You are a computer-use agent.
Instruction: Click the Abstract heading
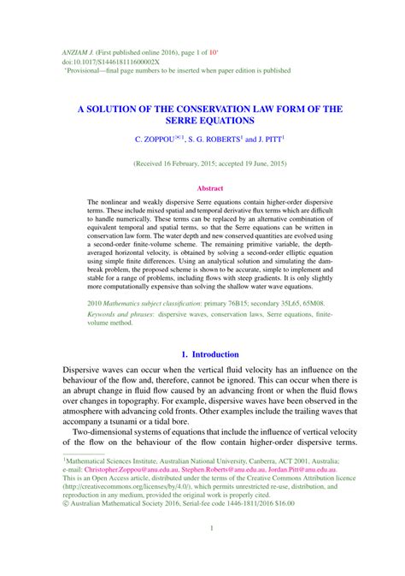(209, 187)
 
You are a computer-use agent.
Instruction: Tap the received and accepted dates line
(209, 163)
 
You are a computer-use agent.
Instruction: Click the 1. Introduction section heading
(209, 354)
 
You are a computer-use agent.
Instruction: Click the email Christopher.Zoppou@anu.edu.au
(131, 469)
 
